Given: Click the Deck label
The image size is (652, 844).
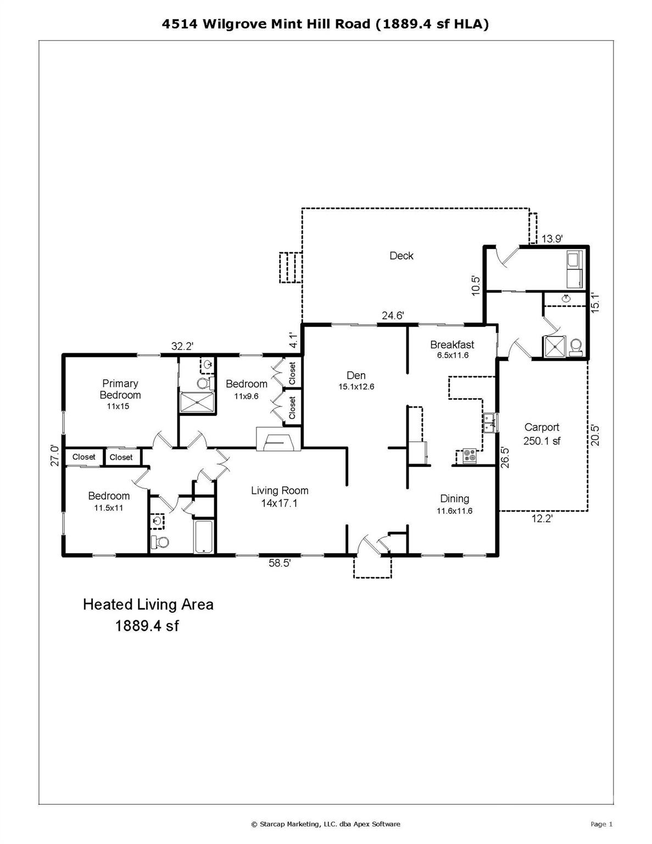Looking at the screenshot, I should pyautogui.click(x=401, y=256).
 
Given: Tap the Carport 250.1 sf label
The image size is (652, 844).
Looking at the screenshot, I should pyautogui.click(x=542, y=434).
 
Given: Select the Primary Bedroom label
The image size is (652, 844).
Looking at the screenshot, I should pyautogui.click(x=120, y=389).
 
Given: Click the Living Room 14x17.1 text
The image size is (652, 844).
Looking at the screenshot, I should pyautogui.click(x=280, y=497).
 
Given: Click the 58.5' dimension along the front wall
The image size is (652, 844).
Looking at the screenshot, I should pyautogui.click(x=280, y=563).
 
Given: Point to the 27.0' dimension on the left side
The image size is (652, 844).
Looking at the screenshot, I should pyautogui.click(x=54, y=456).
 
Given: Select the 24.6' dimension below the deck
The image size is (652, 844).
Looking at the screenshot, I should pyautogui.click(x=393, y=315).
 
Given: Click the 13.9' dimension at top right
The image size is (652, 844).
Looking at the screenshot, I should pyautogui.click(x=551, y=238).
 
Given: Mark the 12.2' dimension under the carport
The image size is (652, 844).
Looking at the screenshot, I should pyautogui.click(x=542, y=518).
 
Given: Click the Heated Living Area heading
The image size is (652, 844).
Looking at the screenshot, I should pyautogui.click(x=148, y=604).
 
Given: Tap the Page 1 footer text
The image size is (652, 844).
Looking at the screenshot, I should pyautogui.click(x=601, y=824).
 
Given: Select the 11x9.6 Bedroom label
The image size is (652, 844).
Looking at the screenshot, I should pyautogui.click(x=246, y=389).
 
